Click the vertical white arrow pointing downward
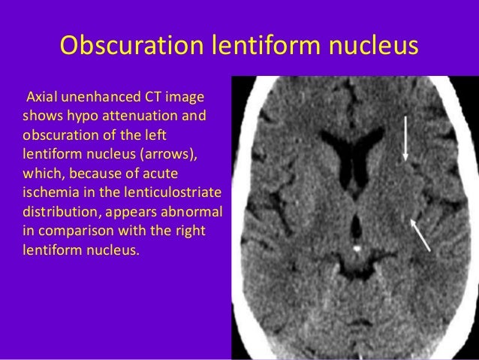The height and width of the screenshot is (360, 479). [405, 138]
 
